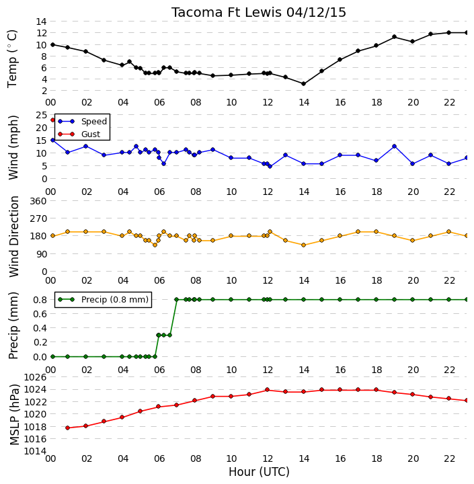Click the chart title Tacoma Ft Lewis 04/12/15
[258, 12]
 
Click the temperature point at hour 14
[303, 83]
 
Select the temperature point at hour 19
[395, 37]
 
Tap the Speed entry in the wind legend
[83, 121]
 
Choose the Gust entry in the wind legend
[79, 134]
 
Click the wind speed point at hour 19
[395, 147]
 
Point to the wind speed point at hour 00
[53, 140]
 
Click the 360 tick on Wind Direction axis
[38, 201]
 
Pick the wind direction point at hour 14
[303, 245]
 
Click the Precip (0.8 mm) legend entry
[103, 299]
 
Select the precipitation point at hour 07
[177, 299]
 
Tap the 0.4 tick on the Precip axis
[40, 328]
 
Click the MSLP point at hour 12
[268, 389]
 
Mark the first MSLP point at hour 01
[68, 428]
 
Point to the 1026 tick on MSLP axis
[35, 377]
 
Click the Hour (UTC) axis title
[259, 472]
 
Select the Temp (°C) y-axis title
[12, 58]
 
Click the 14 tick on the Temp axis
[42, 22]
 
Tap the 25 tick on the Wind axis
[42, 115]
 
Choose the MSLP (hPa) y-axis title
[14, 415]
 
